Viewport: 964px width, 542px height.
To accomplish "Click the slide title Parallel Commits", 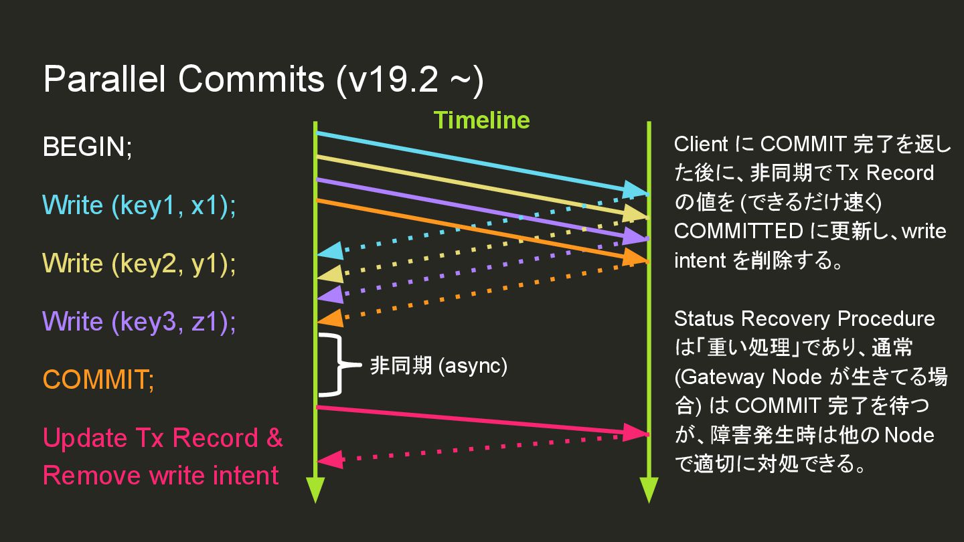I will pyautogui.click(x=262, y=80).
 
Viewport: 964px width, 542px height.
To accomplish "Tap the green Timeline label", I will pyautogui.click(x=481, y=120).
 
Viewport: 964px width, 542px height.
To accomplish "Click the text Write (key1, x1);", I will pyautogui.click(x=139, y=205).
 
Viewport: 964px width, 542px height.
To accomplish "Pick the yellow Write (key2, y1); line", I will pyautogui.click(x=139, y=264).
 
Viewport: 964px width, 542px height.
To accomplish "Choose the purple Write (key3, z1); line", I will pyautogui.click(x=139, y=322).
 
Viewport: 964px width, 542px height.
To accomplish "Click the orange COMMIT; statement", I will pyautogui.click(x=98, y=380).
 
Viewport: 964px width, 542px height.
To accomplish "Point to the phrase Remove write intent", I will pyautogui.click(x=161, y=476).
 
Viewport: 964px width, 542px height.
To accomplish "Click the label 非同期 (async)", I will pyautogui.click(x=438, y=366).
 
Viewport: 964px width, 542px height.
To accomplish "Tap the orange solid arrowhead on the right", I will pyautogui.click(x=633, y=258).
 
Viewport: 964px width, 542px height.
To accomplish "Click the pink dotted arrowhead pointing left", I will pyautogui.click(x=330, y=460).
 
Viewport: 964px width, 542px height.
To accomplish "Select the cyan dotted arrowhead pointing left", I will pyautogui.click(x=330, y=252).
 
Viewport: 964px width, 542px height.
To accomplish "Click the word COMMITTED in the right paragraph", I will pyautogui.click(x=738, y=232).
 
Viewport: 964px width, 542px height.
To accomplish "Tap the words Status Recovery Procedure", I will pyautogui.click(x=804, y=319).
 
